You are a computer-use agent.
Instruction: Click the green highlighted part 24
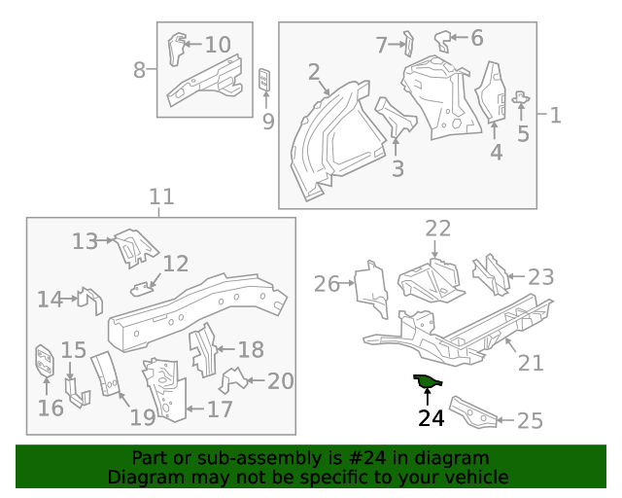(x=426, y=381)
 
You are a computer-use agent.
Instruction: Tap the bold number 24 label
(x=431, y=418)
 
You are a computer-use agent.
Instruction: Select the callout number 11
(x=161, y=197)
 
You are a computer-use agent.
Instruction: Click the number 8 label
(x=139, y=70)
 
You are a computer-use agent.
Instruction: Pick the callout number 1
(x=555, y=116)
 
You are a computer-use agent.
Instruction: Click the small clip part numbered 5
(x=521, y=97)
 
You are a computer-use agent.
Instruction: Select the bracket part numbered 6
(x=443, y=40)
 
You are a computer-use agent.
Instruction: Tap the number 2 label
(x=313, y=72)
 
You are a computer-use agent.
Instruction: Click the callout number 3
(x=397, y=169)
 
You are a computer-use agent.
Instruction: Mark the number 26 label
(x=327, y=284)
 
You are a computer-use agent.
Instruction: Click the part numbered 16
(x=44, y=362)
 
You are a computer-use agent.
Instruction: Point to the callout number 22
(x=438, y=229)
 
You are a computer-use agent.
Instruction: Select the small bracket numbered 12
(x=144, y=286)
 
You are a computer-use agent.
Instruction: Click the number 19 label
(x=143, y=417)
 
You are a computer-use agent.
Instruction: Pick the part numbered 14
(x=90, y=300)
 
